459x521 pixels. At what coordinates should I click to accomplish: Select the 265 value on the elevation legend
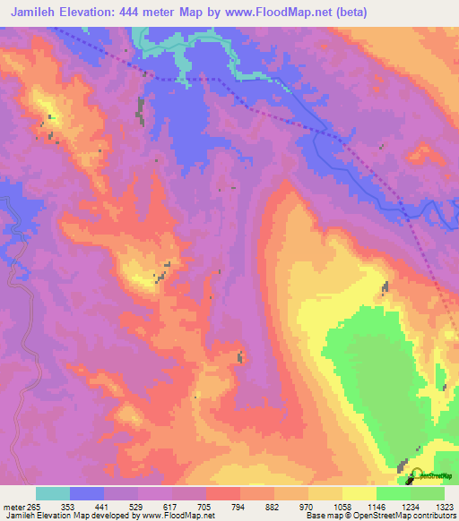click(x=35, y=506)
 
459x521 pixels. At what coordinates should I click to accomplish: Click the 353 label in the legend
click(x=67, y=506)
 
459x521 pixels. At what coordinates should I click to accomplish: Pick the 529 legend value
click(x=135, y=506)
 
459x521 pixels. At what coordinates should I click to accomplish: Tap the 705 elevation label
click(x=204, y=506)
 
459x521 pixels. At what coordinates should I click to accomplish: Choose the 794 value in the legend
click(x=238, y=506)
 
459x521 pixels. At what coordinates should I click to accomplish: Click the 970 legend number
click(x=306, y=506)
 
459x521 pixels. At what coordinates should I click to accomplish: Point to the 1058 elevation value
click(x=340, y=506)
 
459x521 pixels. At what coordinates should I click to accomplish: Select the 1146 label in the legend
click(x=374, y=506)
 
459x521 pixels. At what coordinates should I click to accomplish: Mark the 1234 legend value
click(x=408, y=506)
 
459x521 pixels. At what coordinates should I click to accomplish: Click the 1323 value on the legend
click(x=442, y=506)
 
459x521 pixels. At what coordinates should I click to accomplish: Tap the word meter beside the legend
click(x=13, y=506)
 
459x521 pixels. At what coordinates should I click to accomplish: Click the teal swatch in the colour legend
click(x=52, y=493)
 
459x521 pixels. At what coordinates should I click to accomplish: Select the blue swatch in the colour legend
click(x=86, y=493)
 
